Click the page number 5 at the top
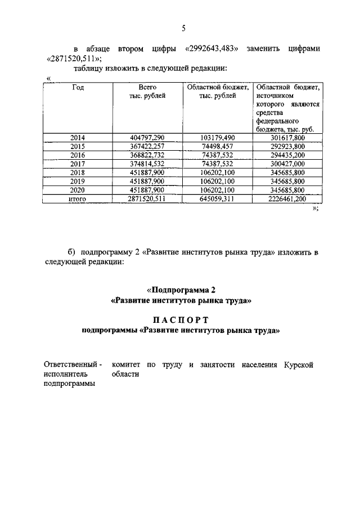(183, 29)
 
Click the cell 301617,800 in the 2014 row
(288, 137)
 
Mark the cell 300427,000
(288, 164)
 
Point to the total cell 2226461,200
(288, 199)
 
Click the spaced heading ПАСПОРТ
(181, 320)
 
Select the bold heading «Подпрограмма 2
(181, 290)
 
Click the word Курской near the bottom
(298, 364)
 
